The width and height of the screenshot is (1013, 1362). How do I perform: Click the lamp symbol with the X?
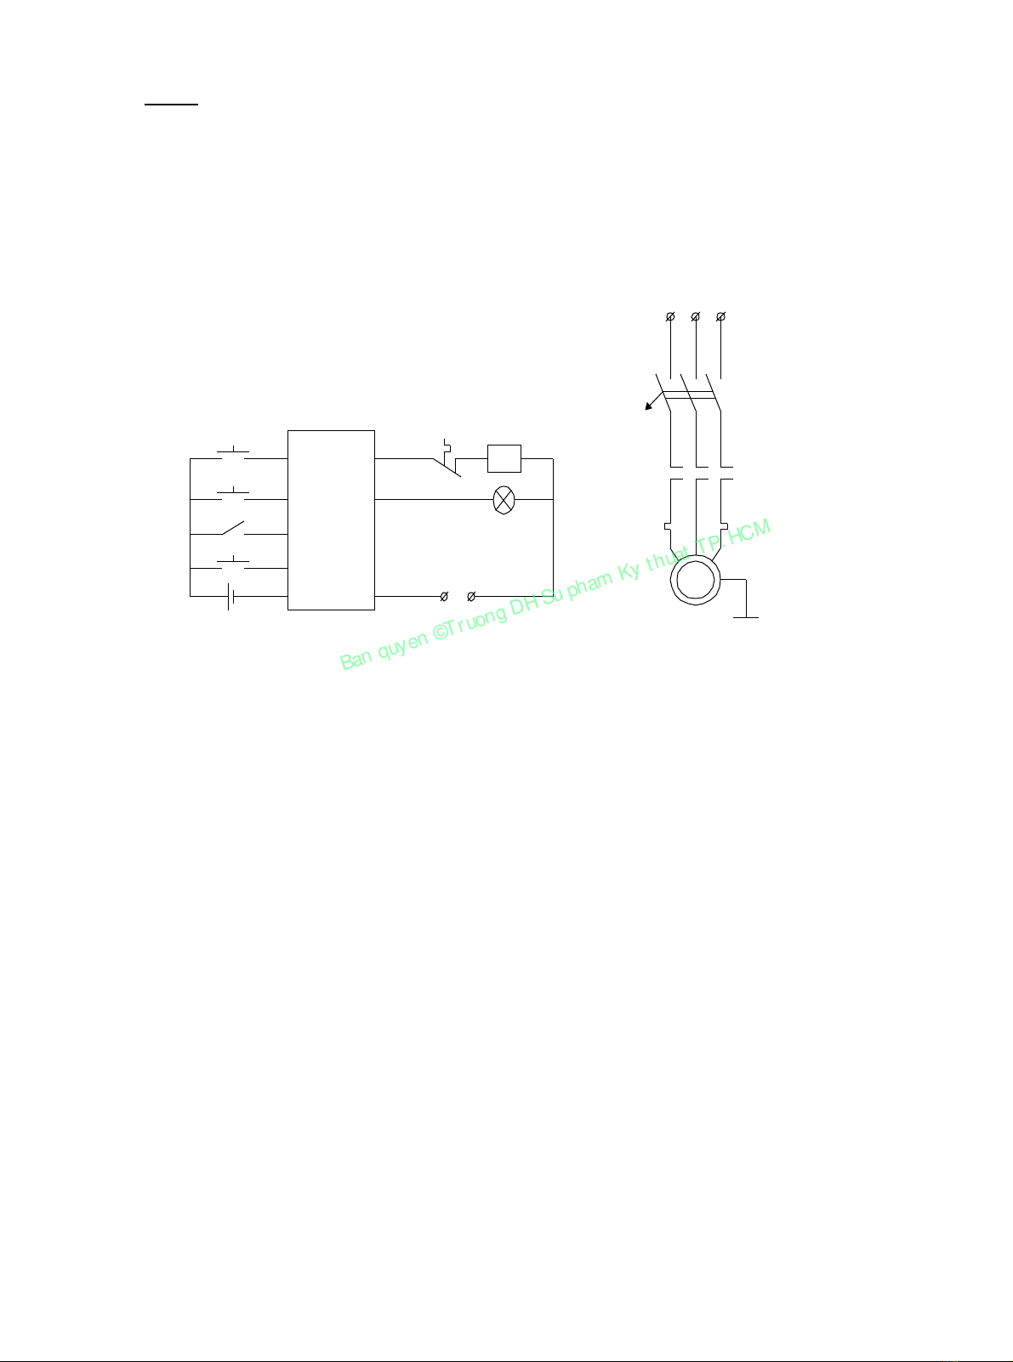(504, 500)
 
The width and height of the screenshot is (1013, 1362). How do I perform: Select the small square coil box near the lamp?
(504, 459)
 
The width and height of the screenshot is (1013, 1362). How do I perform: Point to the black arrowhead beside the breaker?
(647, 407)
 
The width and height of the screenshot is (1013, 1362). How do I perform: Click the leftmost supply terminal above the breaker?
(670, 317)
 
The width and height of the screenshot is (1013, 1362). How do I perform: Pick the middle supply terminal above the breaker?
(696, 317)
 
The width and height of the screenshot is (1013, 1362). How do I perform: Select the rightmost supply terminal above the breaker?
(721, 317)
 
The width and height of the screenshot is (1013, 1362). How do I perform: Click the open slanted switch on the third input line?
(232, 529)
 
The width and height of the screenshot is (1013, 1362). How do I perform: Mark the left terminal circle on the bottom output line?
(444, 597)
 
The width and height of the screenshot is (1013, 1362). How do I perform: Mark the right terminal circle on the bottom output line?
(471, 597)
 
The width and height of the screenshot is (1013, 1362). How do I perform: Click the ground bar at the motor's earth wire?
(746, 617)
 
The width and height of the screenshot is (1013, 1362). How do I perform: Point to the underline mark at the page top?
(170, 105)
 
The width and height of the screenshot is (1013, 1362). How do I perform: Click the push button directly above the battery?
(233, 563)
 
